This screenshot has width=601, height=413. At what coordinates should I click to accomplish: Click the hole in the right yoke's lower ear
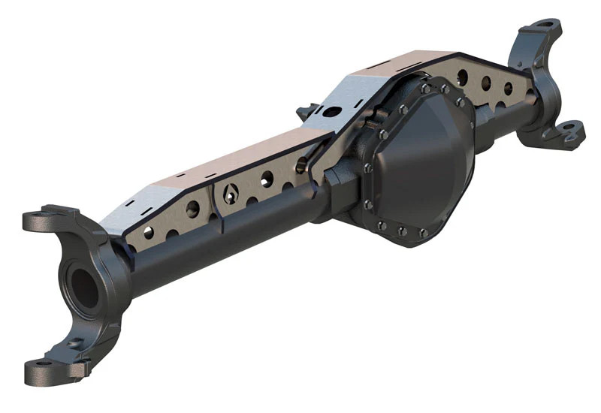click(x=569, y=128)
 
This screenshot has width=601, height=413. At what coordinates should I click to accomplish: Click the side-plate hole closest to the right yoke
click(x=509, y=88)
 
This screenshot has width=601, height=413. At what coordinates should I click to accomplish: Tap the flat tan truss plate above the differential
click(x=406, y=64)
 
